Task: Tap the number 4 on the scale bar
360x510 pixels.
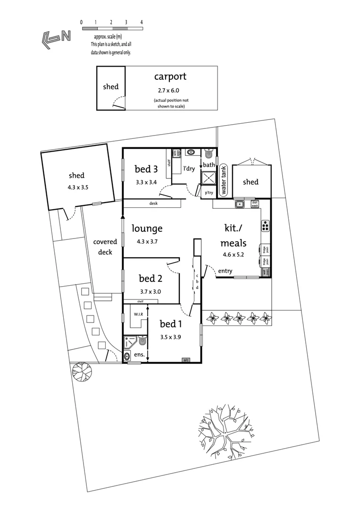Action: (142, 22)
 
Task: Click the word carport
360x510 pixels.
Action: (170, 76)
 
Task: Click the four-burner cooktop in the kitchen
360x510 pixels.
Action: (265, 226)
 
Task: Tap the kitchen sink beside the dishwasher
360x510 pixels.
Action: (240, 204)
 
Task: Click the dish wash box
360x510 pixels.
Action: (255, 204)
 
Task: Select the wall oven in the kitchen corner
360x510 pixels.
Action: (266, 272)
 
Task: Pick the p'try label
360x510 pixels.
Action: (208, 193)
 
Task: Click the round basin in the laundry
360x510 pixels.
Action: (191, 152)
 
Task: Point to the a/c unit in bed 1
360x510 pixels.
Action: (186, 360)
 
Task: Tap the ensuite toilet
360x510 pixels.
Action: (142, 341)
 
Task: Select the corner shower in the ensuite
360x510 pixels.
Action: (129, 342)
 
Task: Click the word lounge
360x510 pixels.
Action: (147, 229)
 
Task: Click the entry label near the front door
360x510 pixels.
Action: (225, 271)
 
